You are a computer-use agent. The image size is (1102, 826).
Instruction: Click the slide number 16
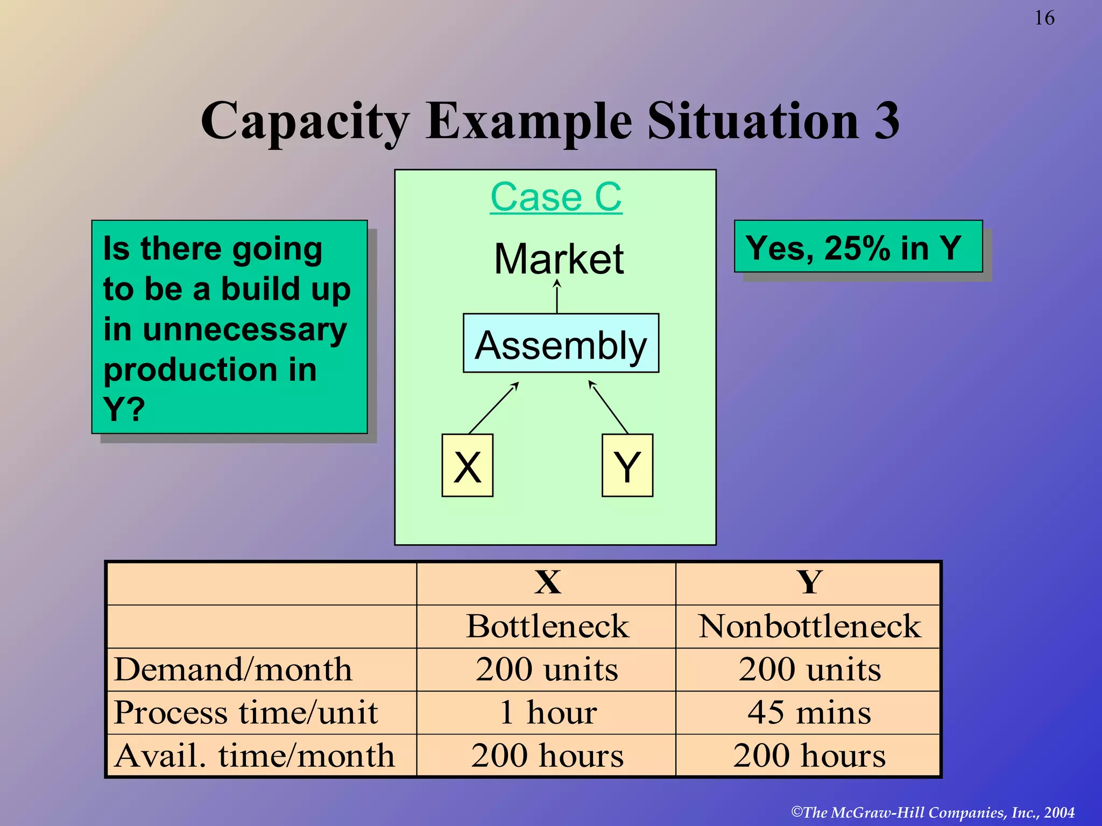1044,18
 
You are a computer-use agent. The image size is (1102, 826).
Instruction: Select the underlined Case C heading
556,197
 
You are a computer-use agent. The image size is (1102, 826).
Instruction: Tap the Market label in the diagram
559,259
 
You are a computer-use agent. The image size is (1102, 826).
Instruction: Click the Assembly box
561,344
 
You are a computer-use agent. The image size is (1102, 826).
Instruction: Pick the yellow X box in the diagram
467,466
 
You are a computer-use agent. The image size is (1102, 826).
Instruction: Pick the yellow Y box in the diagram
627,466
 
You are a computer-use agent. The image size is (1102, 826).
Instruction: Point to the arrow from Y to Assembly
609,407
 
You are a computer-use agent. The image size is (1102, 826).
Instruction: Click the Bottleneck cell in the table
547,626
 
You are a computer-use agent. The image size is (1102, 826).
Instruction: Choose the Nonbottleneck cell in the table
809,626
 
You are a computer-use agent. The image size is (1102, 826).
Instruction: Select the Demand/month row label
233,670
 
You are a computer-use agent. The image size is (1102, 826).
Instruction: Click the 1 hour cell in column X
547,713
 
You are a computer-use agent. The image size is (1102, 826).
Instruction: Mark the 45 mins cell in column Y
809,713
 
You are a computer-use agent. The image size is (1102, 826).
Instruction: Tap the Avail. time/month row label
255,756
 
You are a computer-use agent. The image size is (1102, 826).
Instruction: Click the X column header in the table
547,583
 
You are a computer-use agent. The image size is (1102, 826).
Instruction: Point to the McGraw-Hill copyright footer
933,812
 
